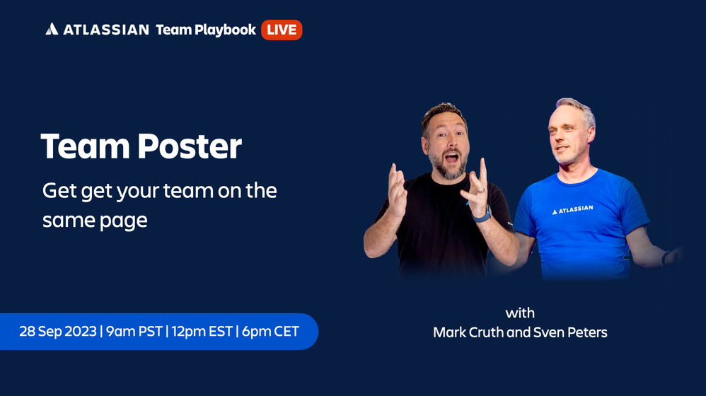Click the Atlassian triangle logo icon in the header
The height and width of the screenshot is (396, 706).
coord(52,29)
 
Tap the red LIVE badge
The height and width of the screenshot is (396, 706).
coord(282,30)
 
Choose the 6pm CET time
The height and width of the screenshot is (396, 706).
coord(271,331)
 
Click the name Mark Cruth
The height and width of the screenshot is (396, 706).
coord(468,332)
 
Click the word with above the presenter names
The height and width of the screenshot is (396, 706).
coord(520,313)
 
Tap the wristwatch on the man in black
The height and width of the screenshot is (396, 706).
coord(482,214)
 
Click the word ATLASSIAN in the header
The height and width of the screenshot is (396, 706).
coord(106,30)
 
